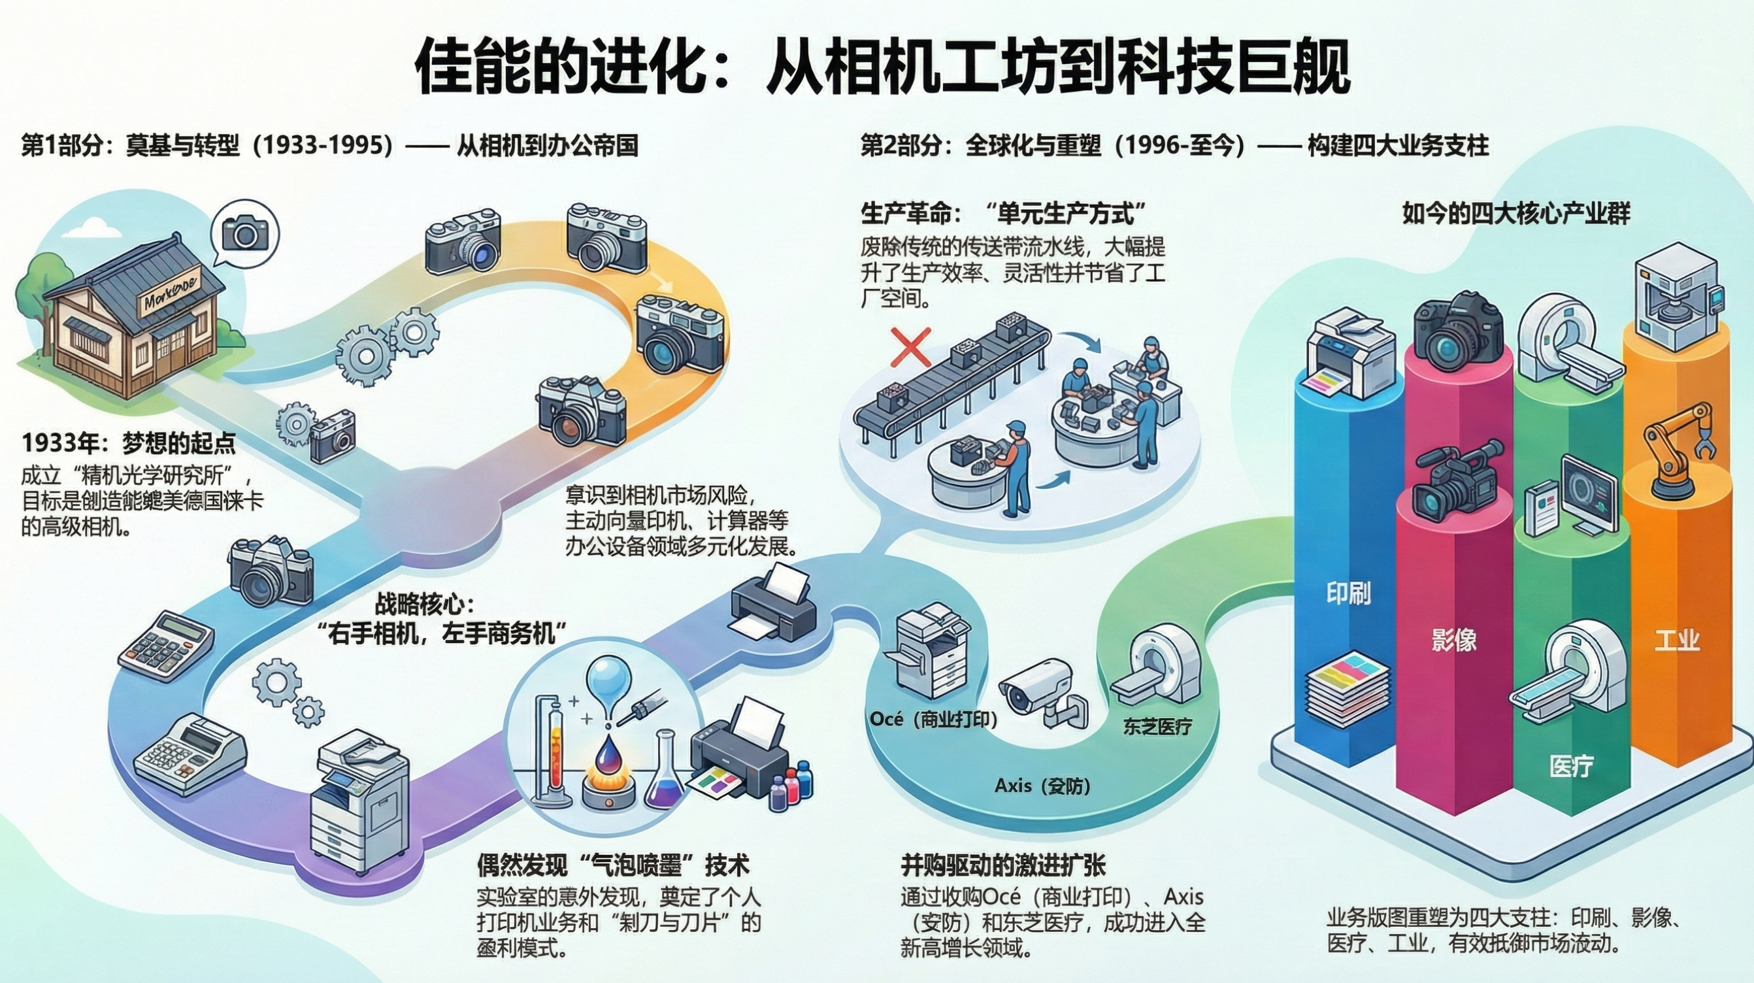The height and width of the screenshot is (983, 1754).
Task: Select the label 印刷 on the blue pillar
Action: (x=1348, y=593)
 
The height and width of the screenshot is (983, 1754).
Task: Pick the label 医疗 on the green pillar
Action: (x=1571, y=767)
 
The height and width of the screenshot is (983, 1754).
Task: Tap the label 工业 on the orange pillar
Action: (x=1677, y=641)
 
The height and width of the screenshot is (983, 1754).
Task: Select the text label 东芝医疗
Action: (x=1157, y=726)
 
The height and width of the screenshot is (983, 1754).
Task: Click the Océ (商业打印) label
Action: (x=933, y=720)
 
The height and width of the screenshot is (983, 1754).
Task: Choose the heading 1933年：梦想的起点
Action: (x=129, y=444)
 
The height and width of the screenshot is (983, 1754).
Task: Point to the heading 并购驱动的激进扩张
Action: (x=1003, y=865)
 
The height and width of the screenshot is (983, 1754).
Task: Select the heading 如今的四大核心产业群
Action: (x=1515, y=214)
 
